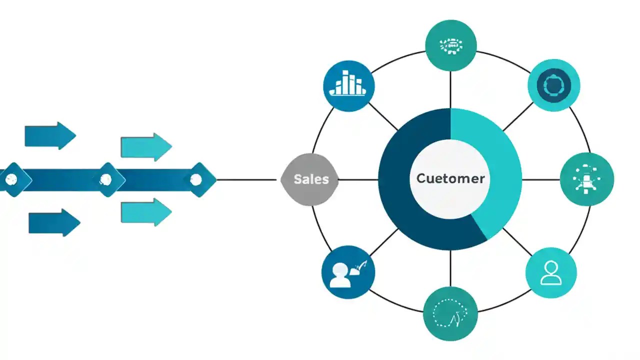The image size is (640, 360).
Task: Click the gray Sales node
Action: (x=310, y=179)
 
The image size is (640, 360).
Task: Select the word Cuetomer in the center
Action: (x=450, y=178)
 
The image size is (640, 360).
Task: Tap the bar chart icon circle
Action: (x=348, y=85)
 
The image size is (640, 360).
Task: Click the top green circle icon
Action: (x=450, y=45)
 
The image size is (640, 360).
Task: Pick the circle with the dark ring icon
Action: (x=553, y=85)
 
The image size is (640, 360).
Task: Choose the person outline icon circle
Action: (x=551, y=273)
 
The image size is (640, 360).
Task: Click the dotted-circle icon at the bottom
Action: (x=450, y=313)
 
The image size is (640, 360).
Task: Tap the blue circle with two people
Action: (x=347, y=273)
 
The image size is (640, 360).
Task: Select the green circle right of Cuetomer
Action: (x=587, y=179)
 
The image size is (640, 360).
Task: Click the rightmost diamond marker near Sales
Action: (x=197, y=179)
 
